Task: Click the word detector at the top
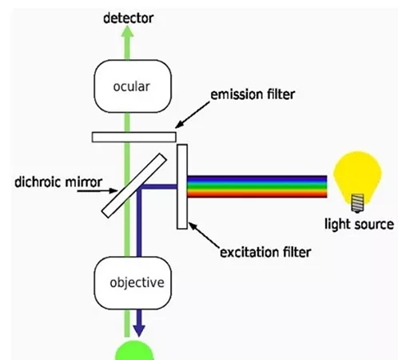[128, 18]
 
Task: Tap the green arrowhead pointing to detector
[128, 32]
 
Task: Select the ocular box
[133, 86]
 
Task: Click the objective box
[133, 283]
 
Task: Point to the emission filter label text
[253, 94]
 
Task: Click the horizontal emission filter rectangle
[134, 137]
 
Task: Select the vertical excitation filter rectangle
[182, 186]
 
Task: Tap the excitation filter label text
[265, 252]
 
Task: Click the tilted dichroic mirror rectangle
[134, 186]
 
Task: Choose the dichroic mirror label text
[58, 182]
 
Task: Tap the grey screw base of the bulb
[357, 203]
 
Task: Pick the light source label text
[359, 224]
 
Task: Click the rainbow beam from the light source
[257, 186]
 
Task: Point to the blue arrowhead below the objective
[139, 330]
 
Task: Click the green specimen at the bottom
[134, 350]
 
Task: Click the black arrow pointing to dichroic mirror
[98, 190]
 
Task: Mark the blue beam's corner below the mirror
[139, 186]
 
